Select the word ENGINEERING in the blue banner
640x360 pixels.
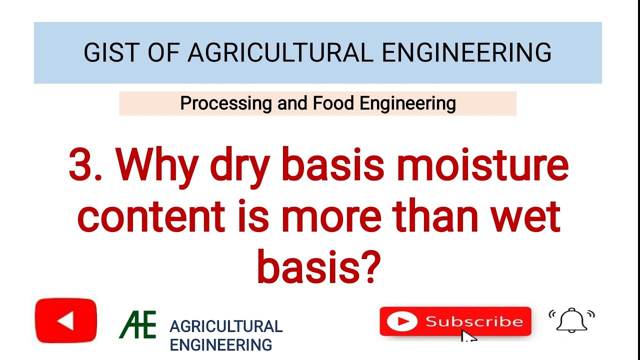[x=466, y=52]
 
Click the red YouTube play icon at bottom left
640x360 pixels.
[x=66, y=320]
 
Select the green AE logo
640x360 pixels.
[x=137, y=324]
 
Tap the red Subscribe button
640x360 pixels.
[x=455, y=321]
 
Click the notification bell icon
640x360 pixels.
[x=571, y=320]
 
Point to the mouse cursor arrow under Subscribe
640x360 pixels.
[x=467, y=336]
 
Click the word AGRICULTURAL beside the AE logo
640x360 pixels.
[x=226, y=326]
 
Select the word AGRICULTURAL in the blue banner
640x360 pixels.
[x=280, y=52]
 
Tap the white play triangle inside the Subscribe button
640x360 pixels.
[x=401, y=321]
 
